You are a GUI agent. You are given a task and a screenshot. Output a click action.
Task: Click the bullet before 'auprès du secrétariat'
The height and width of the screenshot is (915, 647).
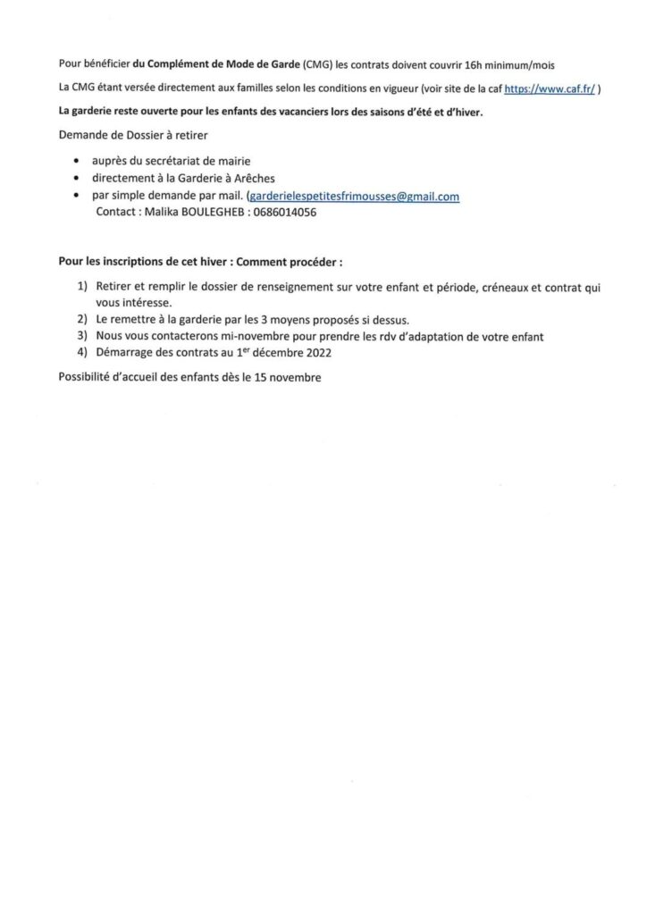[82, 162]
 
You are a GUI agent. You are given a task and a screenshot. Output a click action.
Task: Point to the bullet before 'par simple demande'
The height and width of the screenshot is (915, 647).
[82, 197]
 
